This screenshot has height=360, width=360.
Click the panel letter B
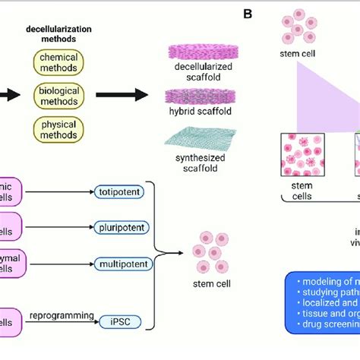[248, 14]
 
